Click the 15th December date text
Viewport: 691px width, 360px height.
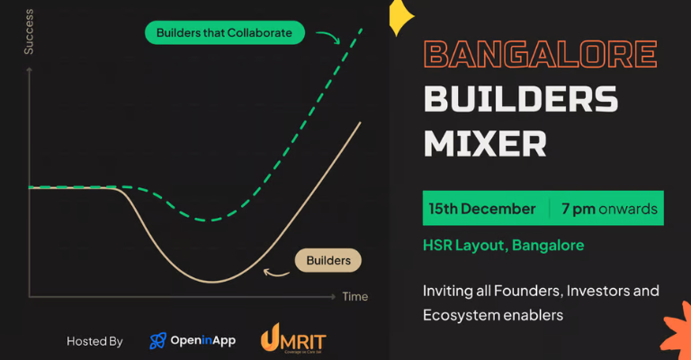pos(482,209)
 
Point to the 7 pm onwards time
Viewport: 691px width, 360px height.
pos(609,209)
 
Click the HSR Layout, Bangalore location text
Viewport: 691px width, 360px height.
pos(503,245)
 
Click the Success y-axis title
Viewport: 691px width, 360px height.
pos(28,36)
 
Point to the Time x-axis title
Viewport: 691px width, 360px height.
pos(354,296)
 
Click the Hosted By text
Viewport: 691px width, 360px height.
pos(94,341)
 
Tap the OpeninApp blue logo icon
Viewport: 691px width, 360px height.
pos(158,341)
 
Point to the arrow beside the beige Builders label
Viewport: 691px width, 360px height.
pos(275,269)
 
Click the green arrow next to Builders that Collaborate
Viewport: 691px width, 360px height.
pos(327,37)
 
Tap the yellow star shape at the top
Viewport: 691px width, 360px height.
pos(399,15)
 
